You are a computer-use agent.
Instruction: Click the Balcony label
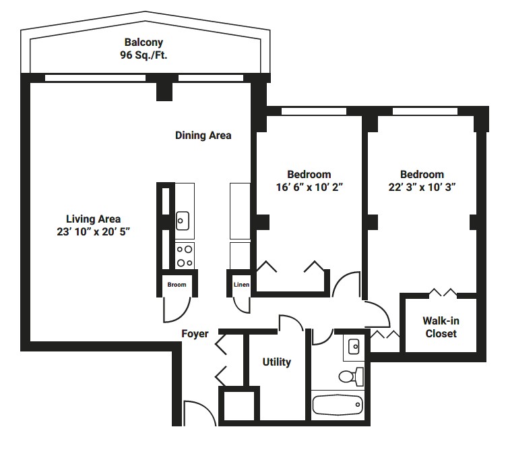(x=144, y=42)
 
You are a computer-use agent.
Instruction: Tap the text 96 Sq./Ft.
(x=144, y=55)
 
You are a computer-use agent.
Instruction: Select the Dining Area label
(x=203, y=135)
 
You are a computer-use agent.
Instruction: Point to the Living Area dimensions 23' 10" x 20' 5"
(x=93, y=232)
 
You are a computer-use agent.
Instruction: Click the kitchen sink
(x=183, y=221)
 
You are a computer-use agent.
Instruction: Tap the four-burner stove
(x=185, y=256)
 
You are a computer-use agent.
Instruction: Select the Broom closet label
(x=177, y=285)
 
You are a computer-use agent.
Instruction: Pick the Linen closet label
(x=241, y=285)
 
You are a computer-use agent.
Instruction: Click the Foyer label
(x=195, y=334)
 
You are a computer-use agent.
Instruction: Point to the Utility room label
(x=276, y=362)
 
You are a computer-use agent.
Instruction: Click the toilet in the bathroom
(x=351, y=376)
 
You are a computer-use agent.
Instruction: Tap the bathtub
(x=338, y=405)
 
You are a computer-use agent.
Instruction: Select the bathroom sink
(x=354, y=347)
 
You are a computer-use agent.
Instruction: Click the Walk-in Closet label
(x=441, y=327)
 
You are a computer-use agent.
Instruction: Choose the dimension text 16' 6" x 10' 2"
(x=309, y=187)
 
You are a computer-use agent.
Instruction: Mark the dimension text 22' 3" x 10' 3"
(x=422, y=187)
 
